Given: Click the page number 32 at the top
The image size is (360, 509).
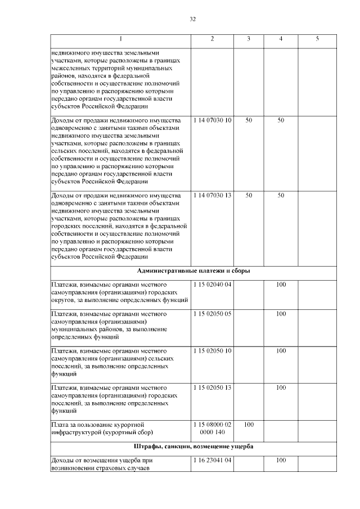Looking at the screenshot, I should click(x=192, y=19).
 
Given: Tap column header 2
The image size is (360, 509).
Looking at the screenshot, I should click(x=212, y=38).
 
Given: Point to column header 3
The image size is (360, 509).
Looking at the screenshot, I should click(x=249, y=38).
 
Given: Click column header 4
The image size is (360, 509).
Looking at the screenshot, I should click(x=281, y=38).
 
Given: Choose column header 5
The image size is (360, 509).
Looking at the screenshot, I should click(x=317, y=38).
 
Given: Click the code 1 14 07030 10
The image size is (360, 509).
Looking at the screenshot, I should click(x=212, y=120).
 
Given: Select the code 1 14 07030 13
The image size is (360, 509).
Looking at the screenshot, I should click(x=212, y=195).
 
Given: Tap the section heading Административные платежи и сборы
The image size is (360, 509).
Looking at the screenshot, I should click(x=193, y=271).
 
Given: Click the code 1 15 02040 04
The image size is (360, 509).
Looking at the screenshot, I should click(x=212, y=285).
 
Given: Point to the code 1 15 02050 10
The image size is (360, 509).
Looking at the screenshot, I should click(x=212, y=350).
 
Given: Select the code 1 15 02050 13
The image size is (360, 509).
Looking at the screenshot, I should click(x=212, y=388).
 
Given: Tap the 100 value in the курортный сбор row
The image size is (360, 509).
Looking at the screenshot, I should click(x=249, y=424).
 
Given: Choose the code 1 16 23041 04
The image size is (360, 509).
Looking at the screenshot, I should click(x=212, y=461).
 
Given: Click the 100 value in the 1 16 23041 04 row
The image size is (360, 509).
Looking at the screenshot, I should click(x=281, y=461).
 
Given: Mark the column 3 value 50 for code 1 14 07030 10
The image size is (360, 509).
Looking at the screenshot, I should click(x=249, y=120).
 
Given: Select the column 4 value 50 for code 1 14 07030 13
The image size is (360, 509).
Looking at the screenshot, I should click(x=281, y=195).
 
